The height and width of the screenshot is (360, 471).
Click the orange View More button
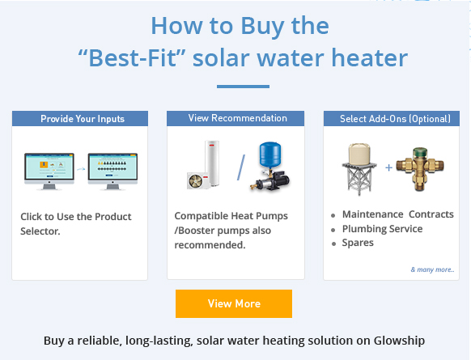click(234, 303)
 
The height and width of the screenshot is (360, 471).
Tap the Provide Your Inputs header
click(80, 119)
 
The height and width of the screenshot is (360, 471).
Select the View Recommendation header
click(235, 118)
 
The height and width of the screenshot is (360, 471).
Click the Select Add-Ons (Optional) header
click(392, 119)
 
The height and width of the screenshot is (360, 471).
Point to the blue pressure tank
click(270, 155)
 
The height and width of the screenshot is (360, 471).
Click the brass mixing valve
click(420, 169)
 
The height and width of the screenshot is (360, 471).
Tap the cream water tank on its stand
click(359, 169)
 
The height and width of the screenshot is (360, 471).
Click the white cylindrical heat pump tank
click(212, 163)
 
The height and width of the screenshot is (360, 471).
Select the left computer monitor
click(49, 172)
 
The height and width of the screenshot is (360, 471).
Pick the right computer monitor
click(112, 172)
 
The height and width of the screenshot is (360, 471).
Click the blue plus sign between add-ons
click(388, 167)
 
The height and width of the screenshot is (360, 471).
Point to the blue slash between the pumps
click(241, 167)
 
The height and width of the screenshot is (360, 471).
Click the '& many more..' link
click(432, 269)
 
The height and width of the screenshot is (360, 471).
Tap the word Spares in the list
click(358, 243)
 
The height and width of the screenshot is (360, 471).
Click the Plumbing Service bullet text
click(383, 229)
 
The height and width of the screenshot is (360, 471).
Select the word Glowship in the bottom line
click(399, 341)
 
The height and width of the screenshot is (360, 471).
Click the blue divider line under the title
click(243, 87)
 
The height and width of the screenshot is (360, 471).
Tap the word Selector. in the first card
click(40, 231)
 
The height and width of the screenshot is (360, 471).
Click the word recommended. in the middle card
click(210, 245)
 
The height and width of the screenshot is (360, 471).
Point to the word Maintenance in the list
click(373, 214)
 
